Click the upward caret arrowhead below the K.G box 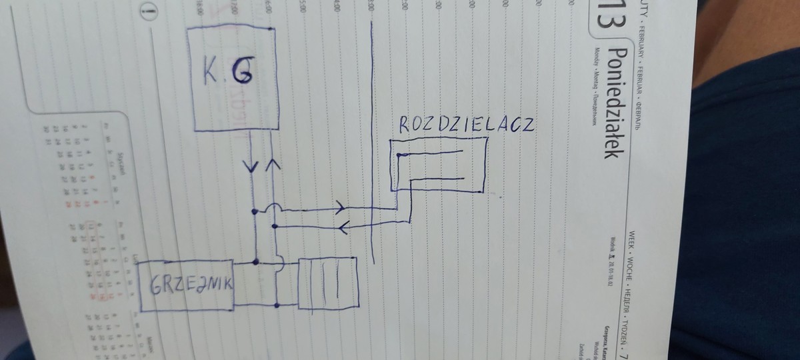point(273,163)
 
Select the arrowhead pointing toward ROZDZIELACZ point(340,205)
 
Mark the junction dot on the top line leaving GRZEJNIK point(256,260)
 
